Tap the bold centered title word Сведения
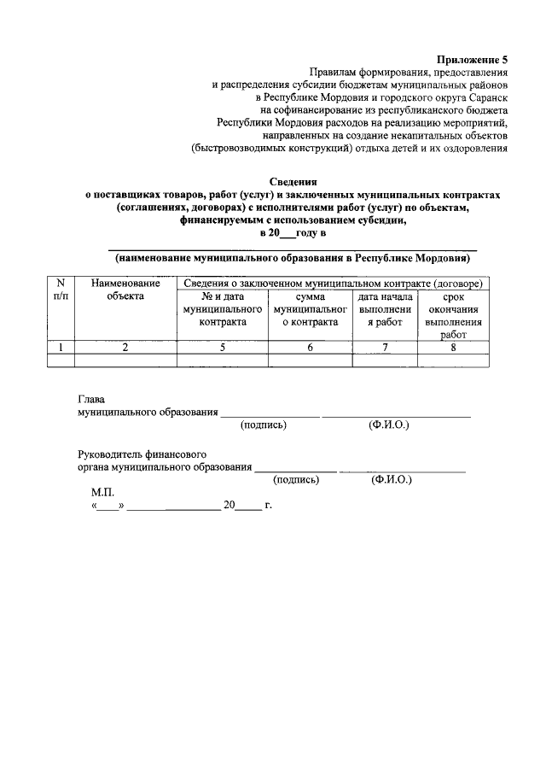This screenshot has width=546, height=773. point(293,182)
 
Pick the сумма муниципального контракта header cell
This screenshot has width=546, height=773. point(311,309)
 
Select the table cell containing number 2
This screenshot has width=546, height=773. point(125,347)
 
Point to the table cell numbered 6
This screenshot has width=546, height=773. point(311,347)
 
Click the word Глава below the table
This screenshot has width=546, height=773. point(91,399)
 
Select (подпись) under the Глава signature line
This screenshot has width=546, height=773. point(264,425)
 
